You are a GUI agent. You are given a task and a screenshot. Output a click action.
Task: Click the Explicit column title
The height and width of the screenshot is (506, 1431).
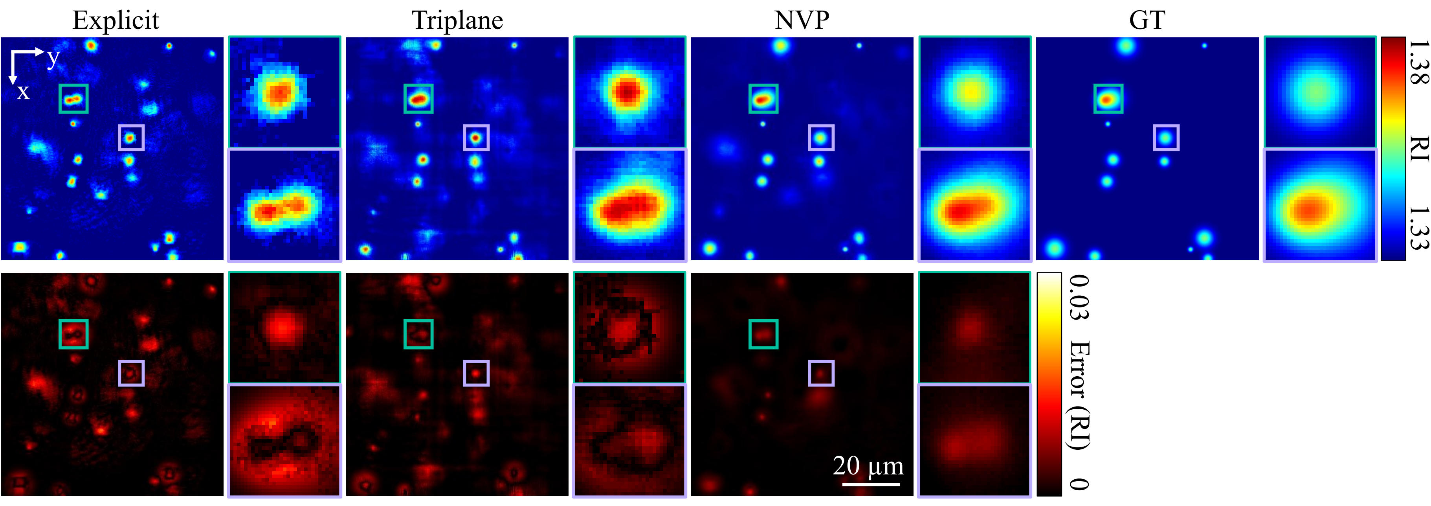coord(116,20)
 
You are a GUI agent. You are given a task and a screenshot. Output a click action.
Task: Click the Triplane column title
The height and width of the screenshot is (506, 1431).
coord(457,20)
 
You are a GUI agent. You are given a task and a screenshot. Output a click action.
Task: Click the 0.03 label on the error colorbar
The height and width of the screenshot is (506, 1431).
coord(1078,298)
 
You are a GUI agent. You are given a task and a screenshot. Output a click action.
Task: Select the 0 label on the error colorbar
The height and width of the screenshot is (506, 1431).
coord(1078,484)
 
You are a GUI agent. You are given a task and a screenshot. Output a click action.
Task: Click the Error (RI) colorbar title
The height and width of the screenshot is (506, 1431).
coord(1078,395)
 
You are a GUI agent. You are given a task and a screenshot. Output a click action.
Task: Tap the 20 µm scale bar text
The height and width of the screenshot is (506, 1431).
coord(868,466)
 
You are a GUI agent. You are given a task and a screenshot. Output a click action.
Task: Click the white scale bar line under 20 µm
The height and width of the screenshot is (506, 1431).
coord(870,484)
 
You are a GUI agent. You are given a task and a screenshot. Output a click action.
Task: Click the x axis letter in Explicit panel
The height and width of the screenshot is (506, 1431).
coord(23,92)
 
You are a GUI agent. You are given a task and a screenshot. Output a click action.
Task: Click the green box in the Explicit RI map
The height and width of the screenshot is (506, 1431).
coord(73,99)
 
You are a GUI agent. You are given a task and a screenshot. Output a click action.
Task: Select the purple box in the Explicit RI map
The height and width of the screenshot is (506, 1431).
coord(131,137)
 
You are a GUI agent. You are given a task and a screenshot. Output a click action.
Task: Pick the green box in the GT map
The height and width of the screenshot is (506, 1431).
coord(1108,99)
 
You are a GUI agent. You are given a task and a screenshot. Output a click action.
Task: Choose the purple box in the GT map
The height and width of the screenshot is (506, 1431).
coord(1166,137)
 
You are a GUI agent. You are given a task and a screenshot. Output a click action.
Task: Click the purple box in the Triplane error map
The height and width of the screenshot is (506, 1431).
coord(476,373)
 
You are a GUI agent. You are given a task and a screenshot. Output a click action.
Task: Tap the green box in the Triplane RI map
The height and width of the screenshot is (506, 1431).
coord(418,99)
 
